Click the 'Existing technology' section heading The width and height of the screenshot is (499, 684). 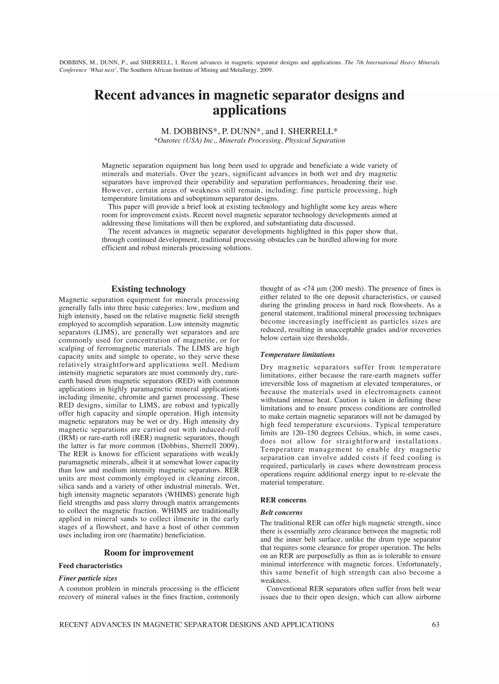click(149, 289)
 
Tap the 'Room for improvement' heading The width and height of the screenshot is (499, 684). click(149, 553)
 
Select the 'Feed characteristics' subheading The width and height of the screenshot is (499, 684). click(90, 566)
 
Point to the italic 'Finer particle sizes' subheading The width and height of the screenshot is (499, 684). click(88, 578)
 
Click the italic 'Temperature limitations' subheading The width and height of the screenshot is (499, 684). click(297, 354)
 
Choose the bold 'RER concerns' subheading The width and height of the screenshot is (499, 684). click(283, 500)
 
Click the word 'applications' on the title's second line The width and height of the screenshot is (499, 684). click(249, 110)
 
